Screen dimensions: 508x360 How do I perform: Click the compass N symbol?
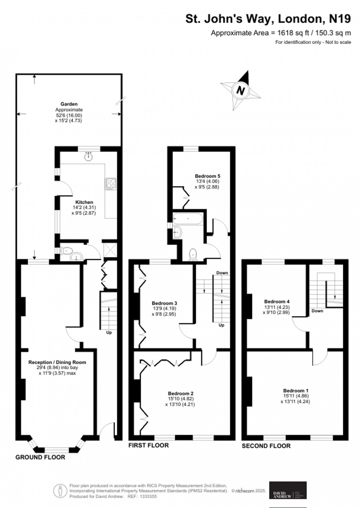[x=241, y=90]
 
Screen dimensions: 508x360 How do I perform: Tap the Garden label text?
[x=69, y=104]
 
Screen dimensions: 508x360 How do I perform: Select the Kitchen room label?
[x=84, y=202]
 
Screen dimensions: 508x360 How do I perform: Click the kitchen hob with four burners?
[x=110, y=184]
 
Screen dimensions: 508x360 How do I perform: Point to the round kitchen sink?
[x=88, y=157]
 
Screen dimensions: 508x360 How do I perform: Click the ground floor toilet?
[x=66, y=251]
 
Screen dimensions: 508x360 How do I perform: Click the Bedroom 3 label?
[x=164, y=303]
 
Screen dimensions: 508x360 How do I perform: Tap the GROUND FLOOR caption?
[x=40, y=457]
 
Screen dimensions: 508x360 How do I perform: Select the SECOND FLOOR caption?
[x=266, y=446]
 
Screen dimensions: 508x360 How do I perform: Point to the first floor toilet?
[x=193, y=254]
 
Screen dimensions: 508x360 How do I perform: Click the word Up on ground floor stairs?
[x=109, y=332]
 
